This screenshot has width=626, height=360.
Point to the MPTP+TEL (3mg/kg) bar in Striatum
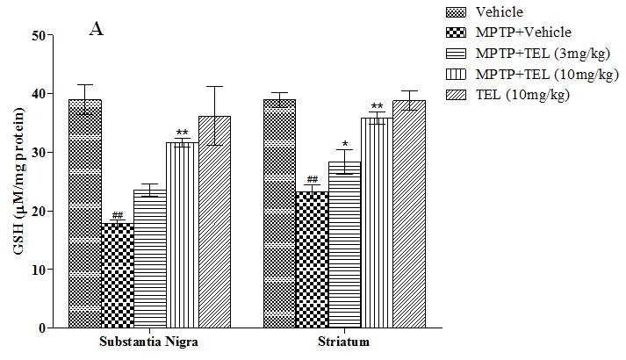344,245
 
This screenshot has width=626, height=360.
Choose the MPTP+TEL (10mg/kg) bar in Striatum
377,223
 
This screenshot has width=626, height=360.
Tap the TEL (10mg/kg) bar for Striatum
409,214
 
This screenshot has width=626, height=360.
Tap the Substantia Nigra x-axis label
149,342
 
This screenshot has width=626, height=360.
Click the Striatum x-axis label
344,342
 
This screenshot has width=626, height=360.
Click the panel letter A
97,30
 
